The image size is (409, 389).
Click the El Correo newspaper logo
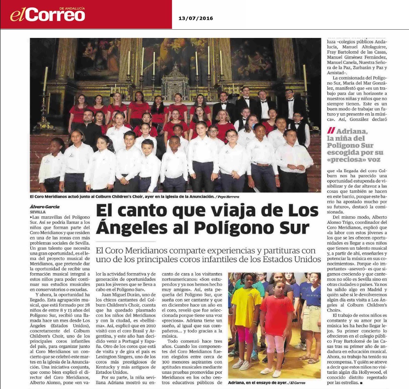coord(48,14)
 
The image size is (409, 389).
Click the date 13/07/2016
coord(193,18)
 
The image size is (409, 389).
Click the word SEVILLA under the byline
coord(38,212)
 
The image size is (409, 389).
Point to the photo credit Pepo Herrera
coord(228,197)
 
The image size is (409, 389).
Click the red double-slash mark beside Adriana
coord(330,131)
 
